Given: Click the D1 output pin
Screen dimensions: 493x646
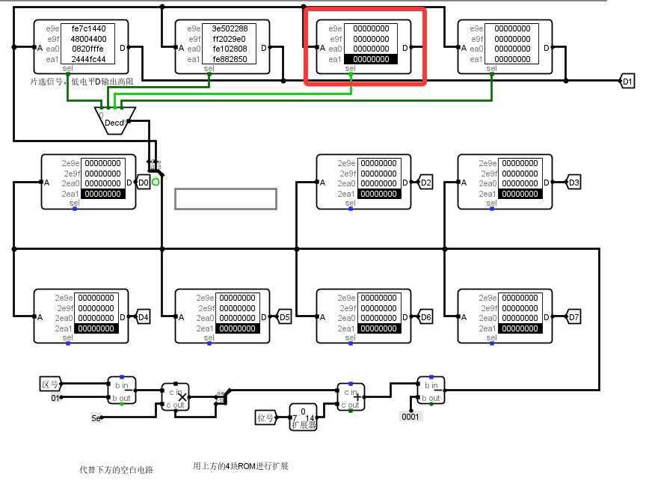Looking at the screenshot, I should [x=627, y=81].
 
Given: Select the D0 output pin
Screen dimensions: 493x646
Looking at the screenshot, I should [x=144, y=182].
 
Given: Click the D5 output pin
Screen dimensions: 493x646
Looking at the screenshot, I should [x=283, y=316].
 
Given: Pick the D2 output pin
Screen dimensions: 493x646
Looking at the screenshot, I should [x=425, y=182].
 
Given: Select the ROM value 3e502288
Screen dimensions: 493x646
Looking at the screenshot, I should [x=230, y=28].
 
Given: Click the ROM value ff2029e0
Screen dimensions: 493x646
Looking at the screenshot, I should [x=230, y=39].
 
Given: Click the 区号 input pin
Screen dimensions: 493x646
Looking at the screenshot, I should [x=49, y=385].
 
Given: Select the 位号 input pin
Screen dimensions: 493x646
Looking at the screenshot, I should [x=265, y=417].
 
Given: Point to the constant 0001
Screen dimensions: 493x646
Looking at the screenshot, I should [x=411, y=416].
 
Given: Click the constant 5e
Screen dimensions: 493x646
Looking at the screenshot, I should [x=96, y=417].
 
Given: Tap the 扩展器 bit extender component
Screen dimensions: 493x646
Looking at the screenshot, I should [x=303, y=417].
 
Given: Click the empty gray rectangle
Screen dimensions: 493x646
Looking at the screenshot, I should [x=226, y=198].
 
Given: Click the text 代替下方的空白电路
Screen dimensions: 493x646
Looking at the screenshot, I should [x=116, y=470].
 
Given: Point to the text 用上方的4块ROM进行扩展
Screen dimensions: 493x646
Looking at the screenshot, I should [x=241, y=466].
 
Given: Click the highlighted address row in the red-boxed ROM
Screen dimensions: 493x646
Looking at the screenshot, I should [x=371, y=59].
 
